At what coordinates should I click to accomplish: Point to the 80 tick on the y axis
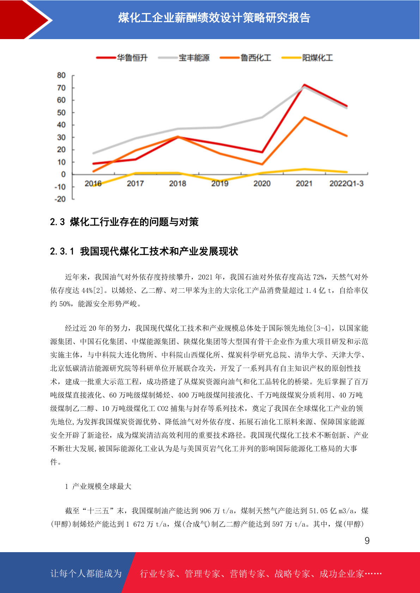pyautogui.click(x=61, y=75)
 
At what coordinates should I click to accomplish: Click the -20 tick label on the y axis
pyautogui.click(x=60, y=199)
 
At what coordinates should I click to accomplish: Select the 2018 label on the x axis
pyautogui.click(x=177, y=183)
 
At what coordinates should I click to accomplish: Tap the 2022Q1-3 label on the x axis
pyautogui.click(x=346, y=183)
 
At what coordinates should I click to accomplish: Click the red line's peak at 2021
pyautogui.click(x=304, y=85)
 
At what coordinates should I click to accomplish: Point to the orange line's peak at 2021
pyautogui.click(x=304, y=117)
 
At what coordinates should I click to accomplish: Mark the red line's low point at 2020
pyautogui.click(x=262, y=152)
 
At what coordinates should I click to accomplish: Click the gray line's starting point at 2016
pyautogui.click(x=93, y=153)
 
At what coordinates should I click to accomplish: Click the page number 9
pyautogui.click(x=367, y=541)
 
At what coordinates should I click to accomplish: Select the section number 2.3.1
pyautogui.click(x=62, y=251)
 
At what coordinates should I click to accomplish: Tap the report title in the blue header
pyautogui.click(x=214, y=18)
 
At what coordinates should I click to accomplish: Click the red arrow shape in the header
pyautogui.click(x=25, y=19)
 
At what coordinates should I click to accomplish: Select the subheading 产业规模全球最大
pyautogui.click(x=102, y=486)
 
